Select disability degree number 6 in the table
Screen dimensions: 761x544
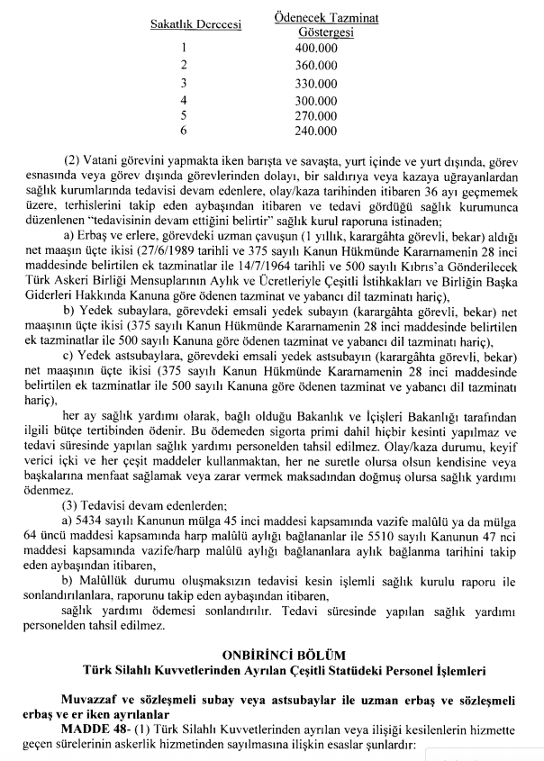point(184,132)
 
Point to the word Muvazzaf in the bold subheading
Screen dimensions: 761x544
point(95,700)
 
